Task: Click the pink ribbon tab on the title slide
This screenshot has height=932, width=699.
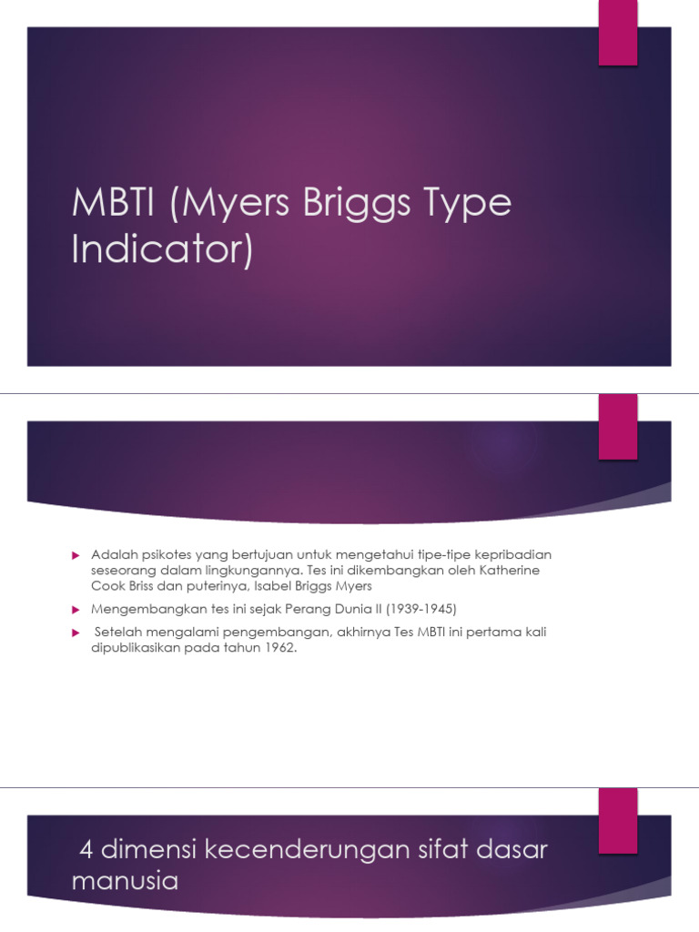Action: (x=617, y=33)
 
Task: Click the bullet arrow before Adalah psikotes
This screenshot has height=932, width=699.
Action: (x=77, y=554)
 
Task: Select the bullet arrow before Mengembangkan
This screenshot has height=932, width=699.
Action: (x=77, y=608)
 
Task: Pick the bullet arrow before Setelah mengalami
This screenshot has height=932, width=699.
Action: (x=77, y=632)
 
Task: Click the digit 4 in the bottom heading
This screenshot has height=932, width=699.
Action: (x=87, y=850)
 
